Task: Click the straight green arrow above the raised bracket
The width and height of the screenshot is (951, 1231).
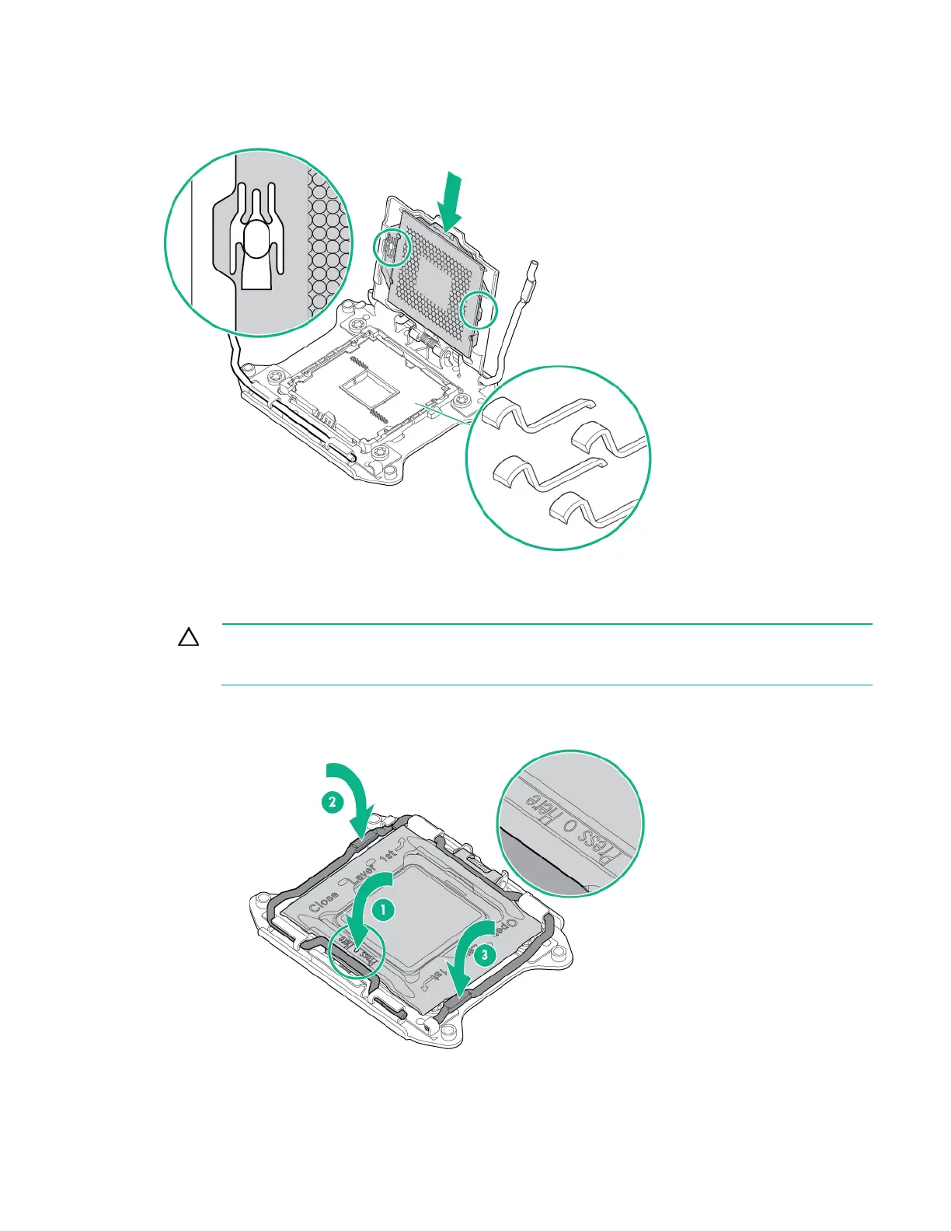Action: (x=451, y=201)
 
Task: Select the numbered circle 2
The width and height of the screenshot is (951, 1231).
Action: (x=332, y=803)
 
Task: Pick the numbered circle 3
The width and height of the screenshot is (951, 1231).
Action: (x=484, y=955)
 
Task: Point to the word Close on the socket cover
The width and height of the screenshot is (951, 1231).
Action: (x=323, y=901)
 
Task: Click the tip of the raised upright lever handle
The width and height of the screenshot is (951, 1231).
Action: (x=531, y=268)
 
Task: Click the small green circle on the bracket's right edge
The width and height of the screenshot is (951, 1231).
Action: (x=475, y=310)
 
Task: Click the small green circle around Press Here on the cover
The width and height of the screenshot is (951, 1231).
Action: (x=357, y=950)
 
